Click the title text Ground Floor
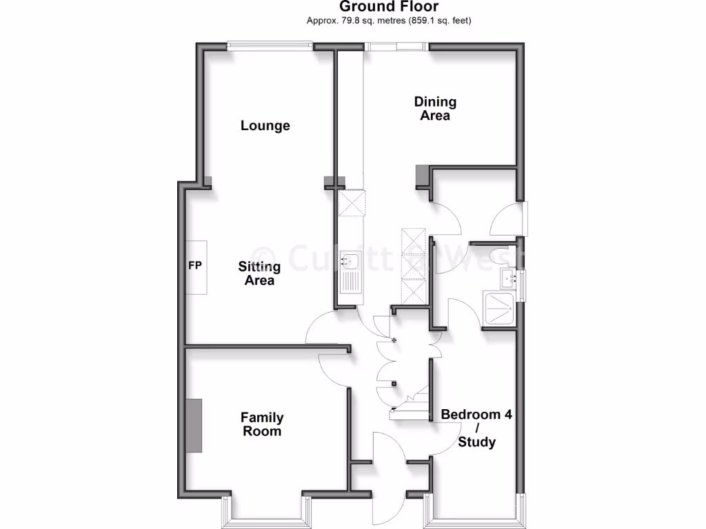389,7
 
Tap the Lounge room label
265,126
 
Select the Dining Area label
435,109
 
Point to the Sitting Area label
259,273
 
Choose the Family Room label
261,424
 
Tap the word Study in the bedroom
476,442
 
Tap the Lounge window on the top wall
270,46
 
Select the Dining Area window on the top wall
396,46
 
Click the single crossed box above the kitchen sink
352,203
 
